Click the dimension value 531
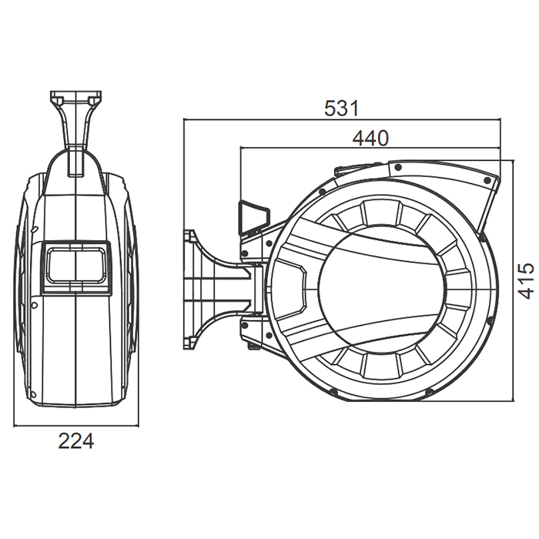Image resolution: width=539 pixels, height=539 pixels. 341,108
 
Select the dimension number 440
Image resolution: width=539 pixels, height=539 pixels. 370,138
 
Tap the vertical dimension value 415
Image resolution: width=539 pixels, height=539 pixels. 526,280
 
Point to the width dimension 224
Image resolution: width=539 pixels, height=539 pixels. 76,441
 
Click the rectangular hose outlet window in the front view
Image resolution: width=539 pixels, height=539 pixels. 76,267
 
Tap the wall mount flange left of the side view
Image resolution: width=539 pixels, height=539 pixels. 191,290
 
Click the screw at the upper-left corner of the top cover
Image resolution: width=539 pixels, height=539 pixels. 398,168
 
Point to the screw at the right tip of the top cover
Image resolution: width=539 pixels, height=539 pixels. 487,180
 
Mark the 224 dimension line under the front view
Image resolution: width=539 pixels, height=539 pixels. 76,427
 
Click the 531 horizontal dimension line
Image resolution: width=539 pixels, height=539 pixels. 342,119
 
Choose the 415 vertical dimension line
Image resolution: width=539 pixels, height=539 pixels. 514,280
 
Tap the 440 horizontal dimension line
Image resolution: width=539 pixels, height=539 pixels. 370,149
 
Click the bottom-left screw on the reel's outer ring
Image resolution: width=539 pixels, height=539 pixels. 333,391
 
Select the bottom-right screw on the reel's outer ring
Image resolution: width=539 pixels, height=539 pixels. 428,391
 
